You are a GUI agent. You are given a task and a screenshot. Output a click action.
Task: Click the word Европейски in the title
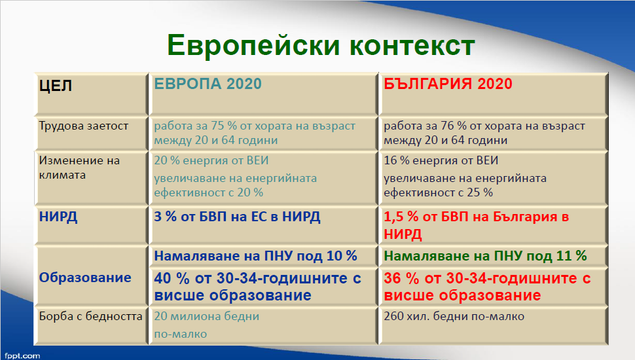253,45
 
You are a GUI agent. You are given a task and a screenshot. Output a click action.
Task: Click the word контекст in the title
412,45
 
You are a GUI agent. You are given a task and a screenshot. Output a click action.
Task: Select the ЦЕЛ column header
56,86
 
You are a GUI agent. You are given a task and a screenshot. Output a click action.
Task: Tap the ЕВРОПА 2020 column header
208,84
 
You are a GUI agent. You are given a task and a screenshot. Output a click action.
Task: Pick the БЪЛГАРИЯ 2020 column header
448,84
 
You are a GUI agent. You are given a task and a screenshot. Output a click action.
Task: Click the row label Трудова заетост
83,126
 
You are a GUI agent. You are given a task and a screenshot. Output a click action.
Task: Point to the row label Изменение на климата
79,168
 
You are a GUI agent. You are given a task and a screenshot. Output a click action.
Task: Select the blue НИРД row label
58,217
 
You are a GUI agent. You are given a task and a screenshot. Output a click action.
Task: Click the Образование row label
85,278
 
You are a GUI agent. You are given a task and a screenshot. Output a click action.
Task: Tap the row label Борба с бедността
91,316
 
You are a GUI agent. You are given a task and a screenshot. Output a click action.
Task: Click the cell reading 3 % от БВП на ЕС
237,217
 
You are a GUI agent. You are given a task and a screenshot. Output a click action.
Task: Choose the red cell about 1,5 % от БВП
477,225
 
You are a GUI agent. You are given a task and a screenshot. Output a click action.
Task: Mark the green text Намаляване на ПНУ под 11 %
485,256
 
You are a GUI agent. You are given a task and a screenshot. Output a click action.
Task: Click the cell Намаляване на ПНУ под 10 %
255,256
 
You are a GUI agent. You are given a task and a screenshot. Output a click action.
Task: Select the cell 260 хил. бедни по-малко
454,316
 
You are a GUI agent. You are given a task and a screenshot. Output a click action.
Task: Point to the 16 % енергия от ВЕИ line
441,160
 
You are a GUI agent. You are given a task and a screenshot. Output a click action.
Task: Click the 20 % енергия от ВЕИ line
211,160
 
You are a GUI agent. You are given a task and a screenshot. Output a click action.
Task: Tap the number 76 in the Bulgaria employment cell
447,126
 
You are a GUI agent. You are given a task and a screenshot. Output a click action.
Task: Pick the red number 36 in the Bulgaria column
392,278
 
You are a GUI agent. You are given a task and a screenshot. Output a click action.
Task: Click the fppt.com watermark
22,356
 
